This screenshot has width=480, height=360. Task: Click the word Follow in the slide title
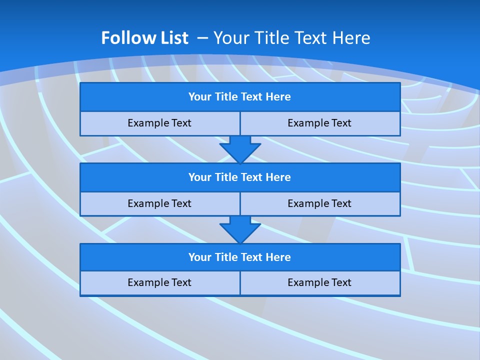(123, 38)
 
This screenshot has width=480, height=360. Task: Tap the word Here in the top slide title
(352, 38)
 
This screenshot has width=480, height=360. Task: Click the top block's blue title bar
(240, 97)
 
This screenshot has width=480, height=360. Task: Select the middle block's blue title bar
(240, 177)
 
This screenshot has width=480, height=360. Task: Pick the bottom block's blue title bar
(240, 257)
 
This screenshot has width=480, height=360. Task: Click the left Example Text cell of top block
(159, 123)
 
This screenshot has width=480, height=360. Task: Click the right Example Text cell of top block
(320, 123)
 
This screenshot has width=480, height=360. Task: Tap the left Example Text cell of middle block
(159, 203)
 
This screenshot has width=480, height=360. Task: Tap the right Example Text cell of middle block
(320, 203)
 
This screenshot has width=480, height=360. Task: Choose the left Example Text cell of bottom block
(159, 282)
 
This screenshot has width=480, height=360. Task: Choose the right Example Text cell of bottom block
(320, 282)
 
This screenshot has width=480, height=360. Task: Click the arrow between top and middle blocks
(240, 149)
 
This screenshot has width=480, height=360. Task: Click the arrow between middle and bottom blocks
(240, 229)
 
